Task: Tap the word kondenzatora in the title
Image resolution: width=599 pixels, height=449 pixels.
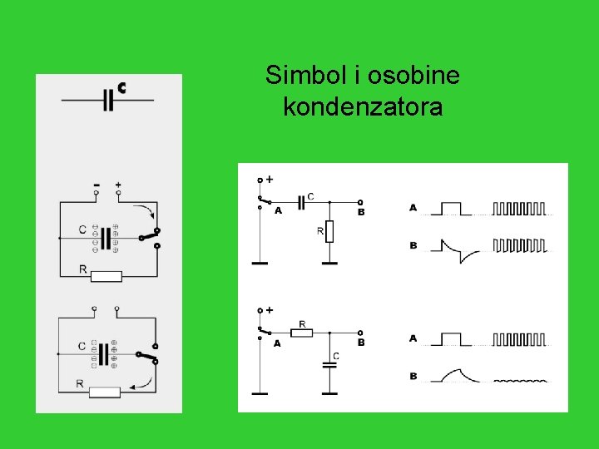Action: (362, 107)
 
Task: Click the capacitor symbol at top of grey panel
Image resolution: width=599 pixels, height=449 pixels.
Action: (107, 100)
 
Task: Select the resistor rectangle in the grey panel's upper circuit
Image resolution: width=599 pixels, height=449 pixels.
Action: (106, 276)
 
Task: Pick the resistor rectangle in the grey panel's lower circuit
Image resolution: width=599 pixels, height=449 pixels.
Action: (105, 392)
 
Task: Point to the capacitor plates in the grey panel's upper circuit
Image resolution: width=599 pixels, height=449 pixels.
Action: (105, 238)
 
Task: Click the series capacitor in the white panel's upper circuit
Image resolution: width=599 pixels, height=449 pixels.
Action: (302, 202)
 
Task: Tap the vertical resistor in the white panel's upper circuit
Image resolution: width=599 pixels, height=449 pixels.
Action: (329, 231)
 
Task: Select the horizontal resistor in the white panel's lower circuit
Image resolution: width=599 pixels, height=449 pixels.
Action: (301, 333)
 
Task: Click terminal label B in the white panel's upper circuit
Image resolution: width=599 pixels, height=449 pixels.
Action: (361, 213)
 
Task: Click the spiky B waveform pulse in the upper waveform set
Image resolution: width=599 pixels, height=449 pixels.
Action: (453, 249)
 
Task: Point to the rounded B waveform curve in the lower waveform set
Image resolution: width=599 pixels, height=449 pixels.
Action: (455, 375)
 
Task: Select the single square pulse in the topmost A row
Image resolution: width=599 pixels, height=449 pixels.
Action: (451, 207)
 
